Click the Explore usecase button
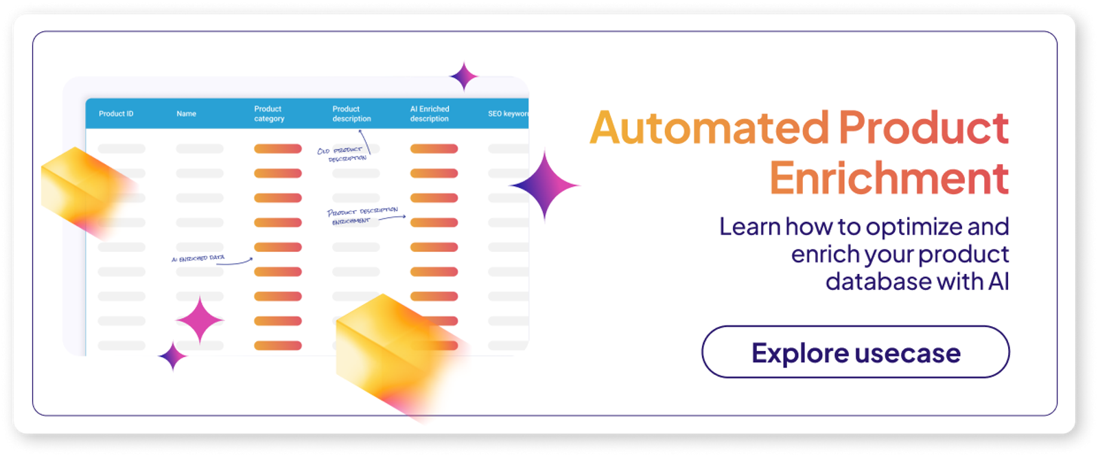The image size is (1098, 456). (855, 352)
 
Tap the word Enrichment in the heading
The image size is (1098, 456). (889, 179)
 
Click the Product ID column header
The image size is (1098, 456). (116, 114)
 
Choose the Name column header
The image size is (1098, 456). (186, 114)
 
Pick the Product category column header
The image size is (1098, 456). (269, 114)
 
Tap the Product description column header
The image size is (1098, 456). (351, 114)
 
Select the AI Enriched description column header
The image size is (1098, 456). (430, 114)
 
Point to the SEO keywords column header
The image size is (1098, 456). (508, 114)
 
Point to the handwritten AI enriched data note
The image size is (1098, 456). (198, 258)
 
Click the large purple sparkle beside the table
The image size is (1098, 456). (545, 185)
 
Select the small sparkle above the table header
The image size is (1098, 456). (464, 76)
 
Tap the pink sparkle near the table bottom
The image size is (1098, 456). (200, 320)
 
